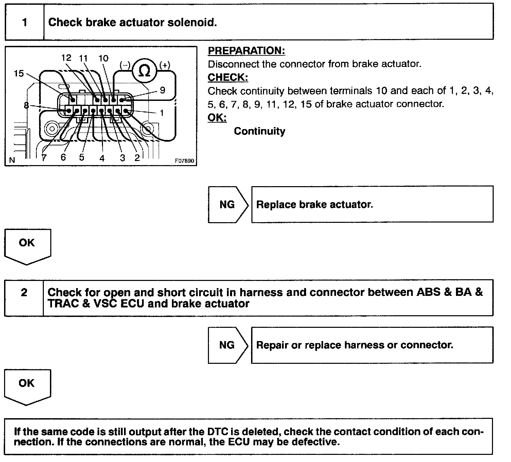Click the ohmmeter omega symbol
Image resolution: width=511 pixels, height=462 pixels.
pyautogui.click(x=145, y=71)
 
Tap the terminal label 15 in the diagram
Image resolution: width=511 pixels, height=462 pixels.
pyautogui.click(x=19, y=73)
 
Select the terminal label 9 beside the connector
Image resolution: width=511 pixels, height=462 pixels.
pyautogui.click(x=162, y=90)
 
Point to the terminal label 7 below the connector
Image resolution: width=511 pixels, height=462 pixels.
pyautogui.click(x=44, y=158)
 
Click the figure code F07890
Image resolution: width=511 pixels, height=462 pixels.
pyautogui.click(x=184, y=161)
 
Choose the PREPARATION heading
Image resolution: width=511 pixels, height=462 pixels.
pyautogui.click(x=246, y=51)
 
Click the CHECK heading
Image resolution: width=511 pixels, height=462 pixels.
pyautogui.click(x=228, y=77)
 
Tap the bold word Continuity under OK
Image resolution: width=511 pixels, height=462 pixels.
pyautogui.click(x=260, y=131)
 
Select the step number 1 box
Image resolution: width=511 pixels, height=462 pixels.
pyautogui.click(x=24, y=22)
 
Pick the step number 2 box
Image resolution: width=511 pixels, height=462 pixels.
pyautogui.click(x=24, y=292)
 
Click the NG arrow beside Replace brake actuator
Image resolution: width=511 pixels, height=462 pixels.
pyautogui.click(x=227, y=205)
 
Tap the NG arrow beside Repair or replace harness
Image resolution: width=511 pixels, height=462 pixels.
pyautogui.click(x=227, y=345)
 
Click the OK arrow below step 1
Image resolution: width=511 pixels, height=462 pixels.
pyautogui.click(x=27, y=245)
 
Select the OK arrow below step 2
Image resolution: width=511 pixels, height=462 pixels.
pyautogui.click(x=27, y=386)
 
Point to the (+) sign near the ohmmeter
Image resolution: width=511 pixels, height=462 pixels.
pyautogui.click(x=165, y=65)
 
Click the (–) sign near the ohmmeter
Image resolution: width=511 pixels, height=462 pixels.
pyautogui.click(x=125, y=65)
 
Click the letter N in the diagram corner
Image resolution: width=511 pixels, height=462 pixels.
pyautogui.click(x=12, y=160)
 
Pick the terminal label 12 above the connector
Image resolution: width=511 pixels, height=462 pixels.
pyautogui.click(x=66, y=58)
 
